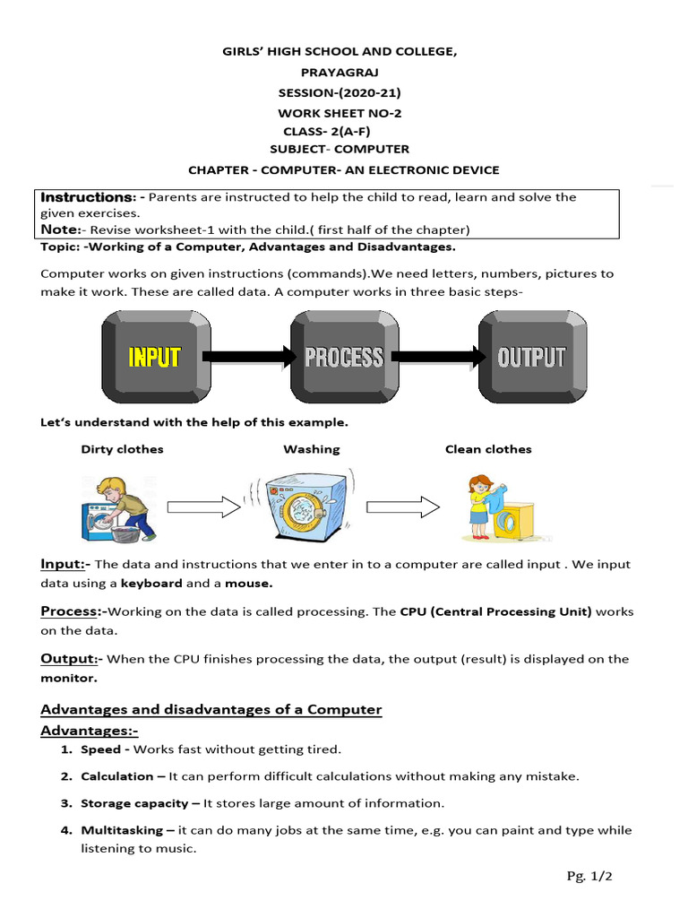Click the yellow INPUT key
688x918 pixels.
pos(155,356)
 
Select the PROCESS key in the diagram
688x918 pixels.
pos(344,356)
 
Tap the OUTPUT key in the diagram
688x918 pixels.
pos(532,356)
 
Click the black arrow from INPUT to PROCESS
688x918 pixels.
pos(249,357)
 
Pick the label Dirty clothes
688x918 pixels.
pos(122,449)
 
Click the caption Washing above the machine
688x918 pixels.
pos(312,449)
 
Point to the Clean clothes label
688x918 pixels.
pos(488,449)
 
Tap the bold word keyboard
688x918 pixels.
pos(150,583)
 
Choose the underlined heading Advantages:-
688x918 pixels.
pos(89,732)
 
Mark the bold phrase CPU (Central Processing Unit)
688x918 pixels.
pos(495,611)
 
